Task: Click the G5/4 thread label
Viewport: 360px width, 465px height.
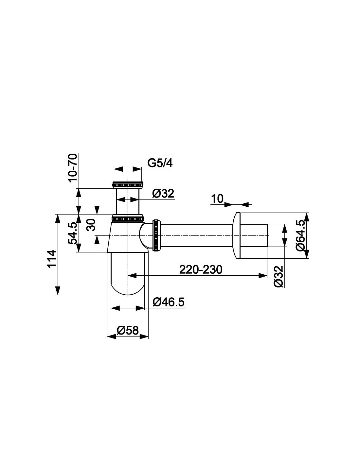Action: coord(160,164)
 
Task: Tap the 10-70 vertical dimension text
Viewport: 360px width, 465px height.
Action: coord(73,167)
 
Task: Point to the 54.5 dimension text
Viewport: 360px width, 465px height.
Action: coord(73,233)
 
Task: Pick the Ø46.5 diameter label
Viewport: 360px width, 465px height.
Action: coord(168,302)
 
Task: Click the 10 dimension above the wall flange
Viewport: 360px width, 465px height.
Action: coord(217,198)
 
